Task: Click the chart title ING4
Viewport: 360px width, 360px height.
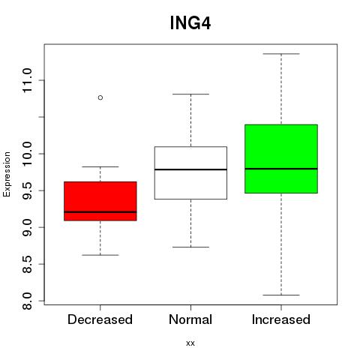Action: pyautogui.click(x=190, y=23)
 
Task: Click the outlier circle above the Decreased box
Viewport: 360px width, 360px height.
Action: pyautogui.click(x=100, y=97)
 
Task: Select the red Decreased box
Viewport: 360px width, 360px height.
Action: pyautogui.click(x=100, y=201)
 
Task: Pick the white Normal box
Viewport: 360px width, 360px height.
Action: pyautogui.click(x=190, y=172)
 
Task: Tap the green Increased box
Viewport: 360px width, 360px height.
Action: pyautogui.click(x=281, y=159)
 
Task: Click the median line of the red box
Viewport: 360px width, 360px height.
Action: pyautogui.click(x=100, y=212)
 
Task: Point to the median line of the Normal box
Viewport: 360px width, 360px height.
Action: pyautogui.click(x=190, y=169)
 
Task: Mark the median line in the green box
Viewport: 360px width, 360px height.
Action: pyautogui.click(x=281, y=169)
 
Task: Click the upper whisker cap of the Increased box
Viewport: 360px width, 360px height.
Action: pyautogui.click(x=281, y=54)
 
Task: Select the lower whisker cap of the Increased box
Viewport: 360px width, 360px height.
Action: pyautogui.click(x=281, y=295)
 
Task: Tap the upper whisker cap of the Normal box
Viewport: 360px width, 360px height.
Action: pyautogui.click(x=190, y=94)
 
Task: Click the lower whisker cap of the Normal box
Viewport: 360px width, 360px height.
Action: pyautogui.click(x=190, y=247)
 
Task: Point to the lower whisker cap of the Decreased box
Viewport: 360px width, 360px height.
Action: pyautogui.click(x=100, y=255)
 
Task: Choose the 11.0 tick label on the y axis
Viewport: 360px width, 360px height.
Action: pyautogui.click(x=27, y=80)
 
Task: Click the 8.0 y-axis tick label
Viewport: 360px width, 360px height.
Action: pyautogui.click(x=27, y=301)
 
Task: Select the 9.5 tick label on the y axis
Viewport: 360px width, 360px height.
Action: pyautogui.click(x=27, y=190)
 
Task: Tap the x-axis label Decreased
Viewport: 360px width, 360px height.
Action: pyautogui.click(x=100, y=319)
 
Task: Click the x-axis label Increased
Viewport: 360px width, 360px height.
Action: pyautogui.click(x=281, y=319)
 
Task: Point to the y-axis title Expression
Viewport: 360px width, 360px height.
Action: pyautogui.click(x=7, y=174)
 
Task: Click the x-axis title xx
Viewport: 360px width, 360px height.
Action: pyautogui.click(x=190, y=343)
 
